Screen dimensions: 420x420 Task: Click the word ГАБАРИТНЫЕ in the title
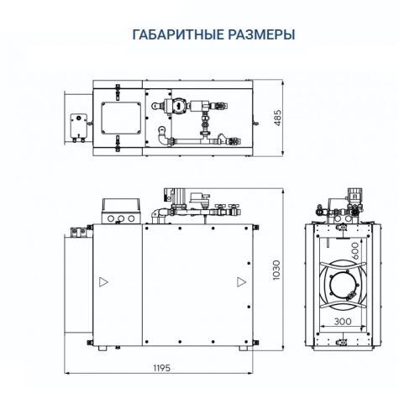click(x=174, y=35)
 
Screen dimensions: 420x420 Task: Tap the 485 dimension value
click(x=278, y=118)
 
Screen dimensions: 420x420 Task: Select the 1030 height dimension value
click(x=278, y=270)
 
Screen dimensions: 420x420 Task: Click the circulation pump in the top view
click(x=176, y=107)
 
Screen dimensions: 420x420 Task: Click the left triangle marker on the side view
click(x=102, y=281)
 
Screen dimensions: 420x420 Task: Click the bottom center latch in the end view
click(x=343, y=342)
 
